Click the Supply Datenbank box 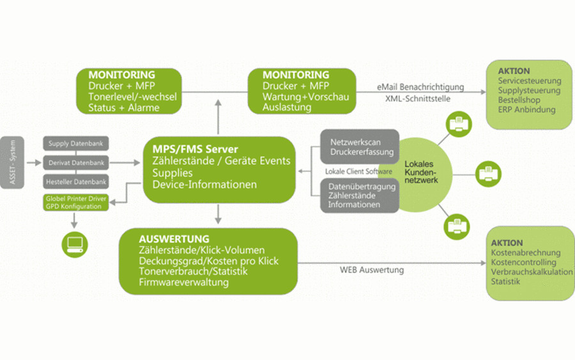tap(76, 143)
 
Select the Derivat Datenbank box tap(76, 162)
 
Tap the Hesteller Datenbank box tap(76, 182)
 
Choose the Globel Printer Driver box tap(76, 203)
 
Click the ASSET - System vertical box tap(12, 162)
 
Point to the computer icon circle tap(75, 244)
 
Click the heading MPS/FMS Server tap(195, 149)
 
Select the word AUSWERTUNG tap(174, 239)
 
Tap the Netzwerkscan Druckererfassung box tap(359, 147)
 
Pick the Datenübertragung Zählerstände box tap(359, 196)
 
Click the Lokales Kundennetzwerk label tap(421, 172)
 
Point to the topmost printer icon tap(459, 124)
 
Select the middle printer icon tap(489, 174)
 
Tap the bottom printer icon tap(457, 227)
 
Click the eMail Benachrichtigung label tap(420, 87)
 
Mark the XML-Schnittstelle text tap(418, 98)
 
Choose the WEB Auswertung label tap(372, 270)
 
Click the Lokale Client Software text tap(358, 171)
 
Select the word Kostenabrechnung tap(526, 253)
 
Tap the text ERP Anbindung tap(526, 110)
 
